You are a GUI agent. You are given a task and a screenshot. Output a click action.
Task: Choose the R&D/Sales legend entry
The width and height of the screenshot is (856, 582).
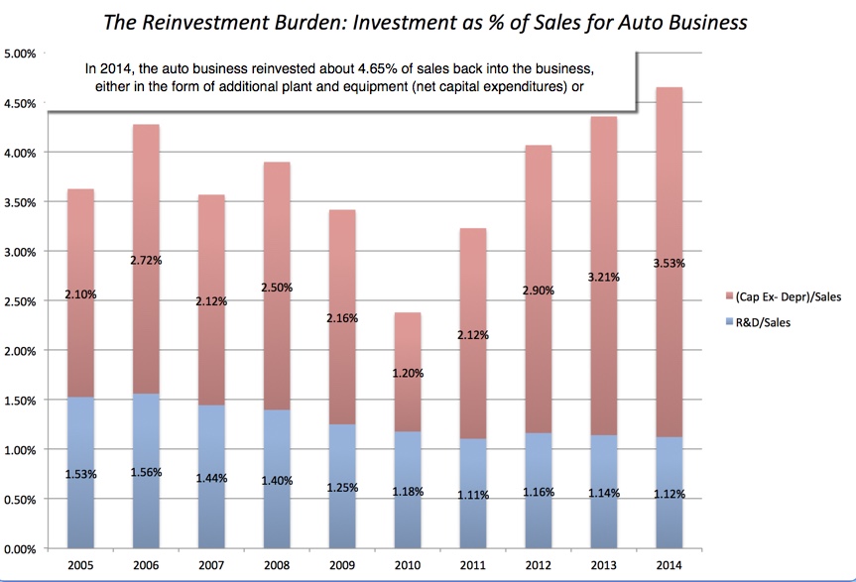[x=774, y=322]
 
